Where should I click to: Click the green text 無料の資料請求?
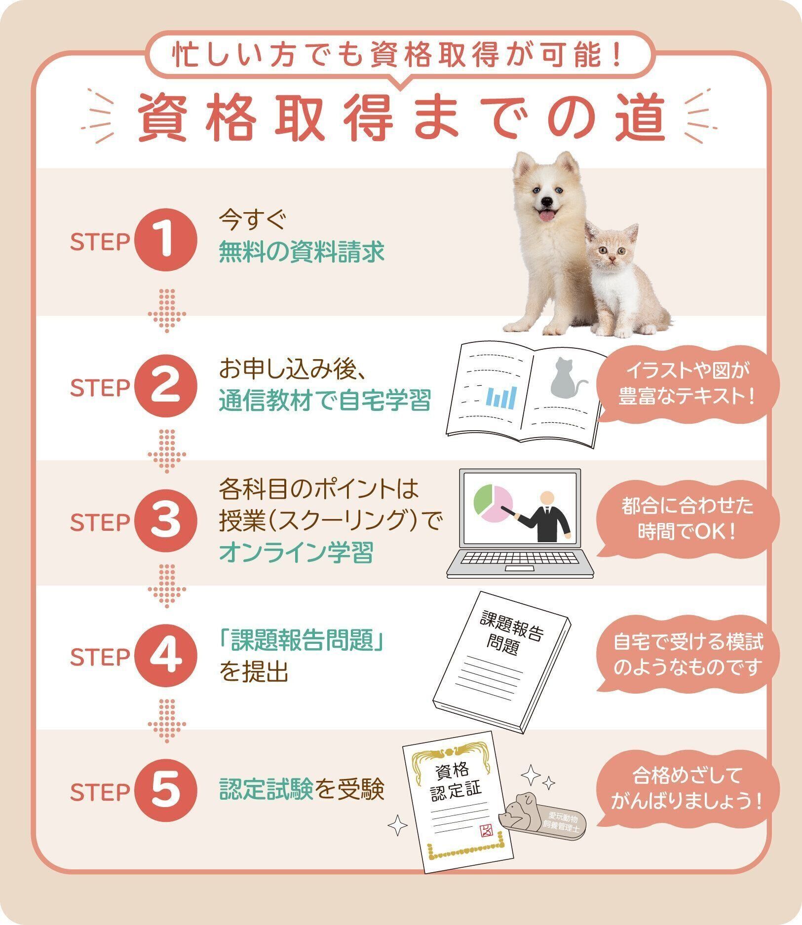coord(302,253)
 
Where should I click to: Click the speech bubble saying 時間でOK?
coord(687,519)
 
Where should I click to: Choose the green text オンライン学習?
coord(296,552)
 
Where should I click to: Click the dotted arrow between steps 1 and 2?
coord(167,310)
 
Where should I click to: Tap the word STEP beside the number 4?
coord(100,658)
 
